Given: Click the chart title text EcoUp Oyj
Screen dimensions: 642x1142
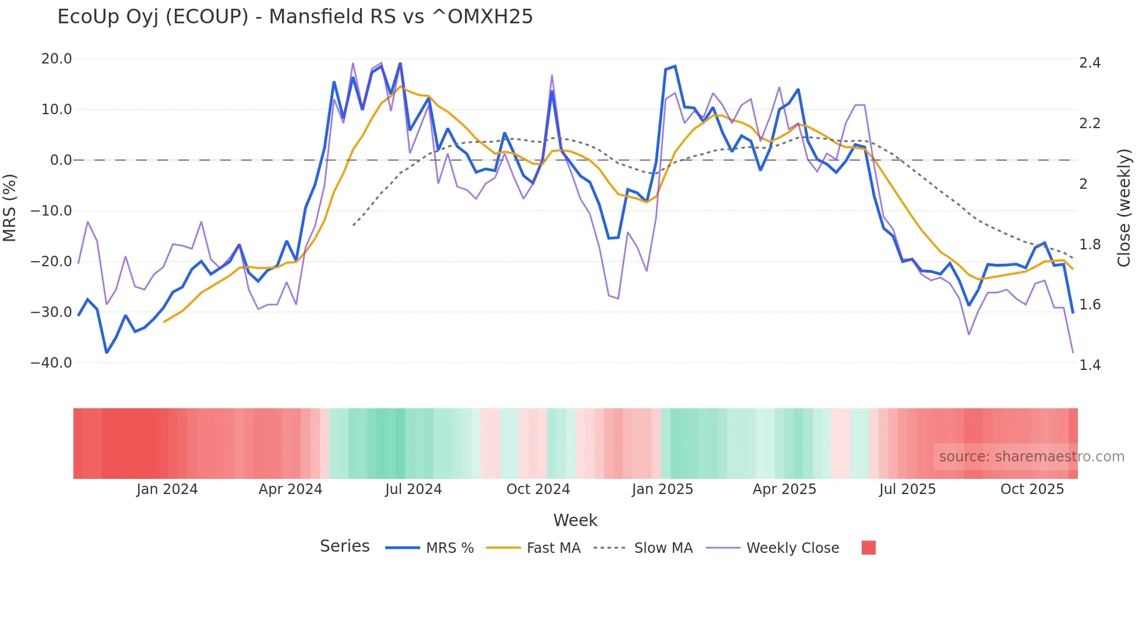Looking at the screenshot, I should [294, 17].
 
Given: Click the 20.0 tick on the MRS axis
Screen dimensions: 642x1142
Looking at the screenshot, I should [57, 59].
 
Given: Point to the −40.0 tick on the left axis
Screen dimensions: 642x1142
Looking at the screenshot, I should [51, 363].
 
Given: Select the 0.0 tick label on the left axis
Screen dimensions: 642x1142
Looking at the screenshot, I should [61, 160].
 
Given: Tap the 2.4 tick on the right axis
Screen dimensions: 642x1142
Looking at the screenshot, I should [1090, 63].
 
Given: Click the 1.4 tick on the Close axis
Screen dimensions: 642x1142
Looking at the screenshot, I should [1090, 365].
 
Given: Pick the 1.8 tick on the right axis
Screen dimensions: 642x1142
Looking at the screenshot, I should [1090, 245].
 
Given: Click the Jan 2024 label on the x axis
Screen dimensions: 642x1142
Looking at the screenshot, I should [167, 489].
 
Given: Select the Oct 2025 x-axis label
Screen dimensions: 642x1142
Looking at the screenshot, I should [1032, 489].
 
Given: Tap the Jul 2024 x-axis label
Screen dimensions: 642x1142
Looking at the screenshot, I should [413, 489].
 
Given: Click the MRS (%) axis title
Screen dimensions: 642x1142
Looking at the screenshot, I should [10, 208].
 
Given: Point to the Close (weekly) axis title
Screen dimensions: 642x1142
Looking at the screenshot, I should [1124, 208].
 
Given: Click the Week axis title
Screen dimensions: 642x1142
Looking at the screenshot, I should [575, 520].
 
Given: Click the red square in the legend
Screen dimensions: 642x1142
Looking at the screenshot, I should [868, 548].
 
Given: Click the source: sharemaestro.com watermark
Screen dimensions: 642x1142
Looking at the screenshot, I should [1031, 457].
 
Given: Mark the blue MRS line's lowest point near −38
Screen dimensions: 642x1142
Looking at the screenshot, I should [107, 352].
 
